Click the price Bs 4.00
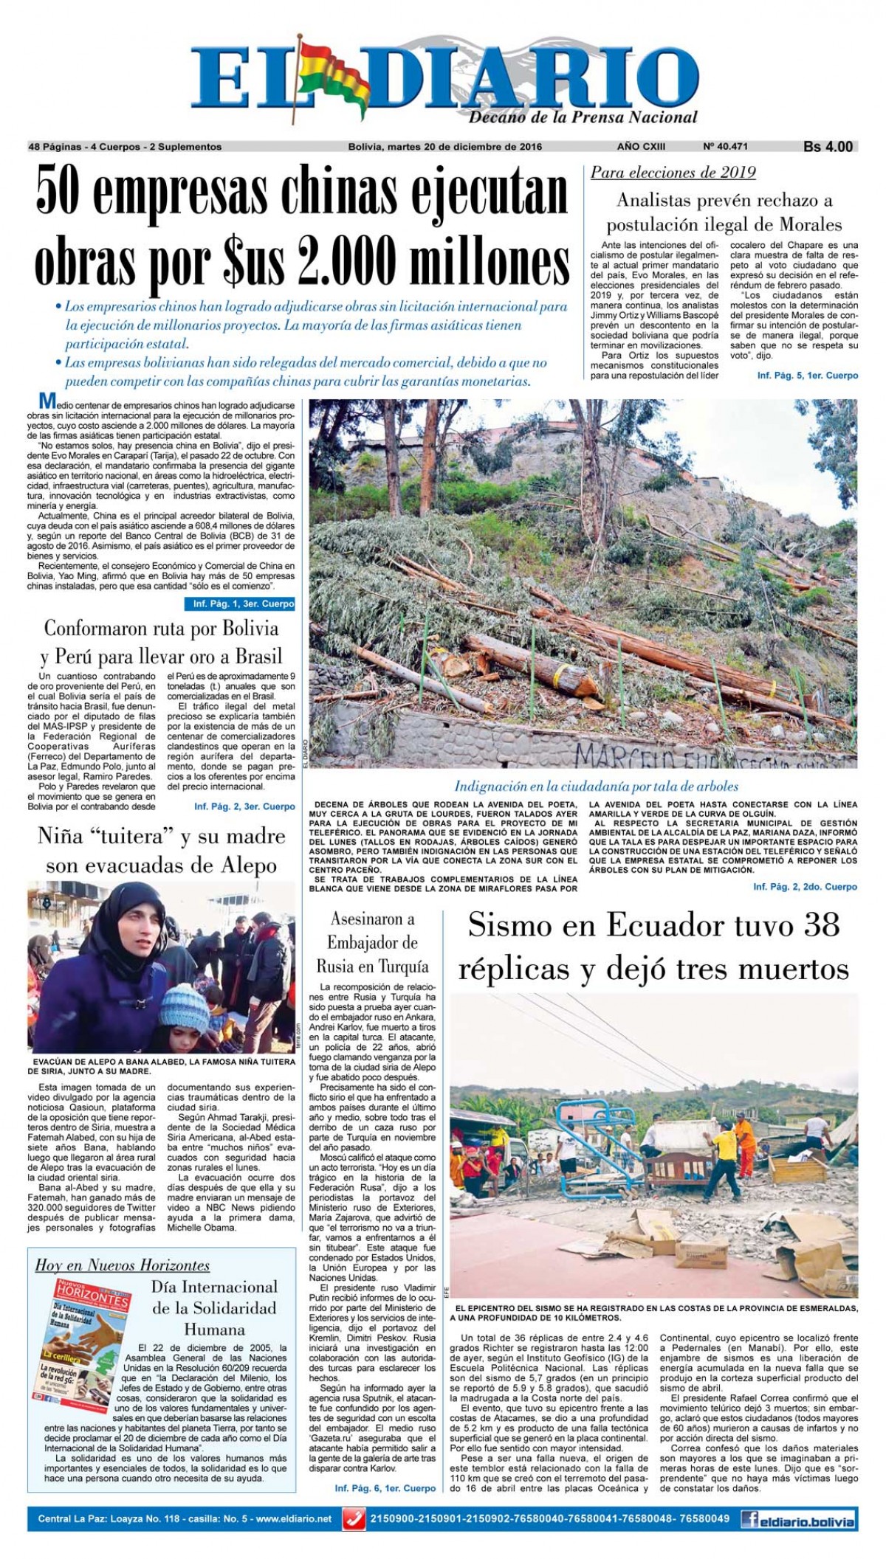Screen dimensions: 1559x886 coord(828,147)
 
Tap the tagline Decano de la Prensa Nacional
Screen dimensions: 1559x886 coord(583,117)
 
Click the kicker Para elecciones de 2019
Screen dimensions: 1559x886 coord(673,173)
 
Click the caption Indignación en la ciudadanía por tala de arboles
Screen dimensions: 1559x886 coord(596,787)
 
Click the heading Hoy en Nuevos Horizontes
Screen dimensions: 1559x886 coord(123,1265)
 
